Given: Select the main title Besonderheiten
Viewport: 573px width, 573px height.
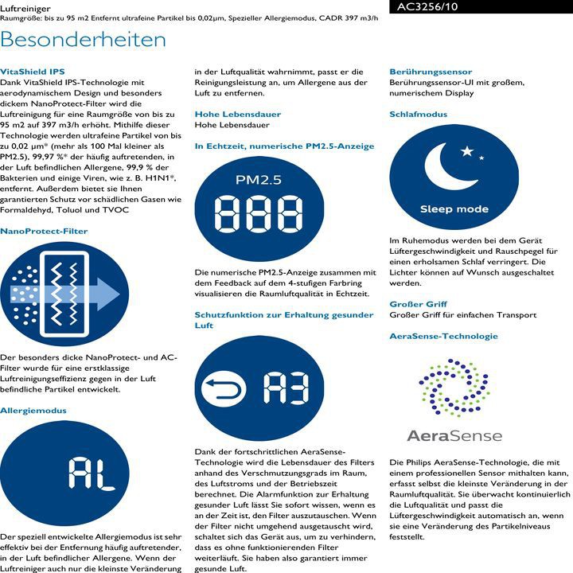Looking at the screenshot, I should [x=84, y=39].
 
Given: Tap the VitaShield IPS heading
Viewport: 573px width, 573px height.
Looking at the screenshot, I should [x=33, y=71].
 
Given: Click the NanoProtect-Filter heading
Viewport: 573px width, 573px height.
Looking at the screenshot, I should [x=44, y=231].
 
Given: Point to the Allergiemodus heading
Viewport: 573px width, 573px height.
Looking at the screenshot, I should [x=33, y=411].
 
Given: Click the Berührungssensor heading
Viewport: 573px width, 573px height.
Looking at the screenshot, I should [x=431, y=72].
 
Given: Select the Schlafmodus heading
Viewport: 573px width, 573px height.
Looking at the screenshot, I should [x=419, y=114].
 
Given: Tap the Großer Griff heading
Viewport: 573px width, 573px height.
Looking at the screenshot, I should [x=419, y=304].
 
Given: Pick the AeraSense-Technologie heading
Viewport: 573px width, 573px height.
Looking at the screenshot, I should [x=444, y=337].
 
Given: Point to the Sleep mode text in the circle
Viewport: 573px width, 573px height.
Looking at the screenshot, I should [x=454, y=209].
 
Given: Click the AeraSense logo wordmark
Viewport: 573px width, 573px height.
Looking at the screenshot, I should [x=454, y=435].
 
